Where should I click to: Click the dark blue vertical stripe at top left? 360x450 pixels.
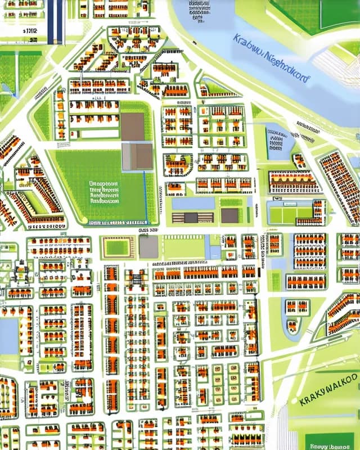tap(55, 21)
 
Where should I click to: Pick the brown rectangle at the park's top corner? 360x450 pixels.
tap(133, 126)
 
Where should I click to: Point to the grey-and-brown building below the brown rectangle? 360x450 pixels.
tap(137, 156)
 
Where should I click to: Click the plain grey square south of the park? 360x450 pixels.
tap(148, 247)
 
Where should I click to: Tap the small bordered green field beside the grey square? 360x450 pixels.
tap(118, 247)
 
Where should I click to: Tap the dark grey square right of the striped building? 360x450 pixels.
tap(229, 215)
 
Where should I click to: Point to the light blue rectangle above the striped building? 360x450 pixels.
tap(192, 203)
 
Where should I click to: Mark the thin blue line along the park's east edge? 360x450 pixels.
tap(146, 197)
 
